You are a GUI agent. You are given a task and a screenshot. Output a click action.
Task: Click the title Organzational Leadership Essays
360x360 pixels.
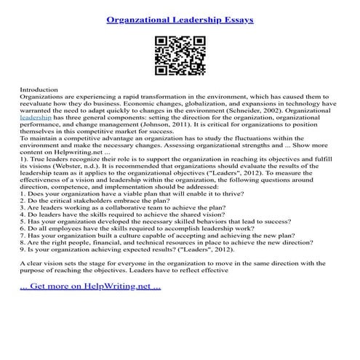coord(180,20)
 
